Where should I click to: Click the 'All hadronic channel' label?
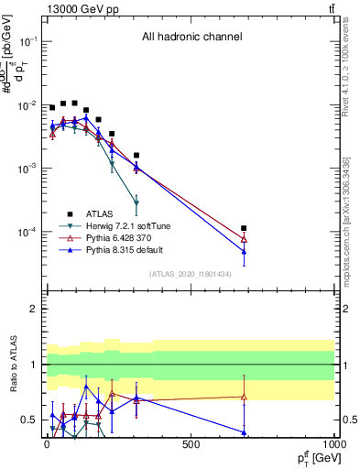[191, 38]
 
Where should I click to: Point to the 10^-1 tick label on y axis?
[27, 42]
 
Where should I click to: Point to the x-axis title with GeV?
[314, 457]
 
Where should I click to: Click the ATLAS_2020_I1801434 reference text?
[191, 275]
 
